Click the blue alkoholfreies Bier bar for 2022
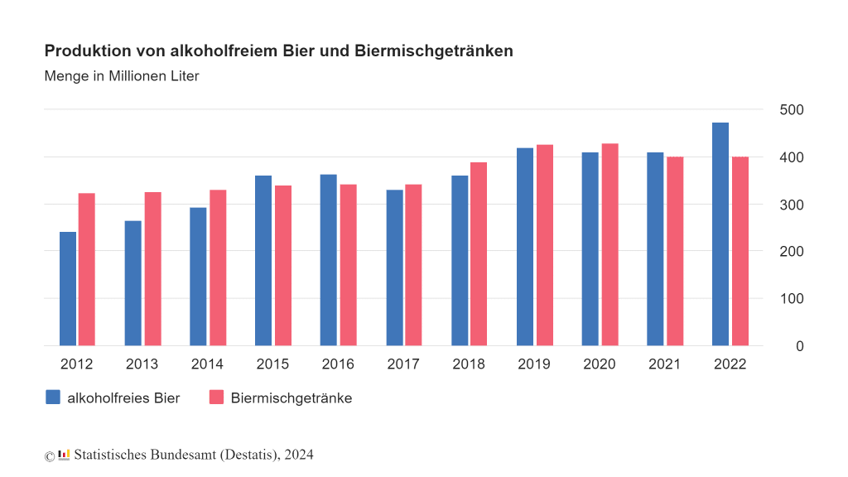click(720, 234)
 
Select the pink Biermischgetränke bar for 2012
click(87, 269)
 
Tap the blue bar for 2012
click(68, 288)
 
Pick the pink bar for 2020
click(609, 244)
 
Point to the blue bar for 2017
click(394, 267)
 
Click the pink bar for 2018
click(479, 253)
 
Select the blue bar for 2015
click(263, 260)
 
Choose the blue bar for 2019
click(524, 247)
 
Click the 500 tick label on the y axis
click(792, 110)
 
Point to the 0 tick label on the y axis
click(799, 346)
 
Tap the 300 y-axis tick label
click(792, 205)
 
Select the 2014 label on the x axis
click(207, 364)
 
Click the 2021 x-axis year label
click(664, 364)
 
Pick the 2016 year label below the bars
click(337, 364)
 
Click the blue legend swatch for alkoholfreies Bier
click(53, 397)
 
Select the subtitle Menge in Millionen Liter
click(122, 76)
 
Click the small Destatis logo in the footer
click(64, 455)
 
